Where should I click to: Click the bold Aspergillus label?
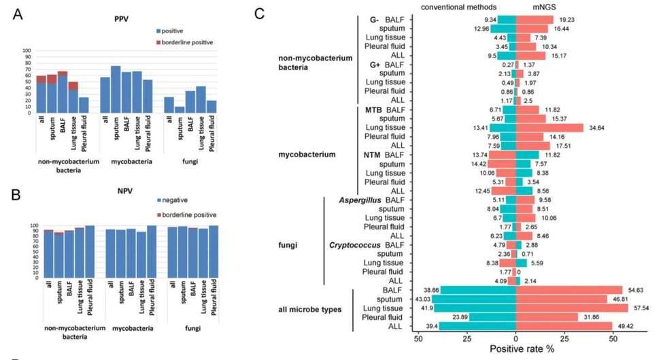click(360, 200)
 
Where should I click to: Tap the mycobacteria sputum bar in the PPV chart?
click(116, 89)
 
